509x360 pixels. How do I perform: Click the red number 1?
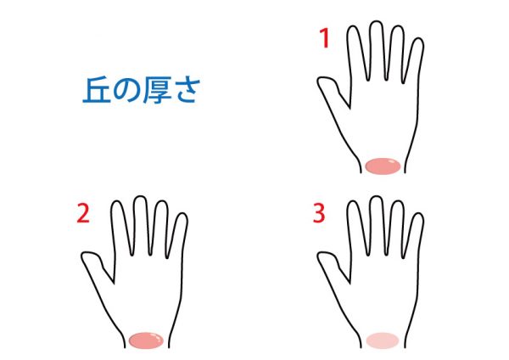click(325, 38)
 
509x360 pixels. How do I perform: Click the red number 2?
click(83, 213)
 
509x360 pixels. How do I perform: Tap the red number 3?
click(319, 213)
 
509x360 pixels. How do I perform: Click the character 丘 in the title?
click(97, 90)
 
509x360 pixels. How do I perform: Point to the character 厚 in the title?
click(156, 90)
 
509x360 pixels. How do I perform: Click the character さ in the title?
click(184, 91)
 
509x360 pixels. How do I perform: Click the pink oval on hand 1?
click(383, 166)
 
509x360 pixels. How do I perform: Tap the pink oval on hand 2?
click(146, 340)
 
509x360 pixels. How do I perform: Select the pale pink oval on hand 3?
click(383, 340)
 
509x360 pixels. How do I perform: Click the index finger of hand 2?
click(121, 228)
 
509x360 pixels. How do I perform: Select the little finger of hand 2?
click(177, 235)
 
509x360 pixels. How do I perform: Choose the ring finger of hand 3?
click(396, 228)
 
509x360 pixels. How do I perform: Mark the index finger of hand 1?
click(358, 53)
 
